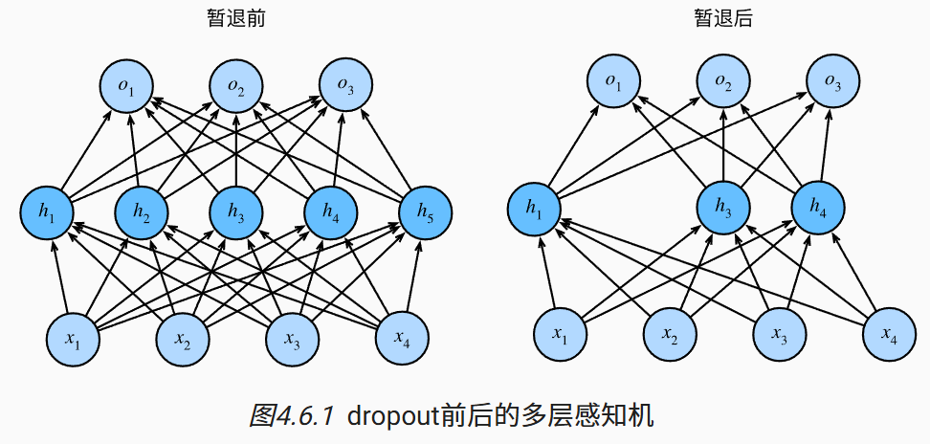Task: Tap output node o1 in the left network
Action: (x=125, y=87)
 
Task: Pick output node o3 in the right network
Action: (x=831, y=85)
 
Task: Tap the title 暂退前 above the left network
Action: (x=235, y=18)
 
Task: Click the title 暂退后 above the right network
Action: (x=723, y=18)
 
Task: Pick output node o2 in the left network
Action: (x=235, y=87)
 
